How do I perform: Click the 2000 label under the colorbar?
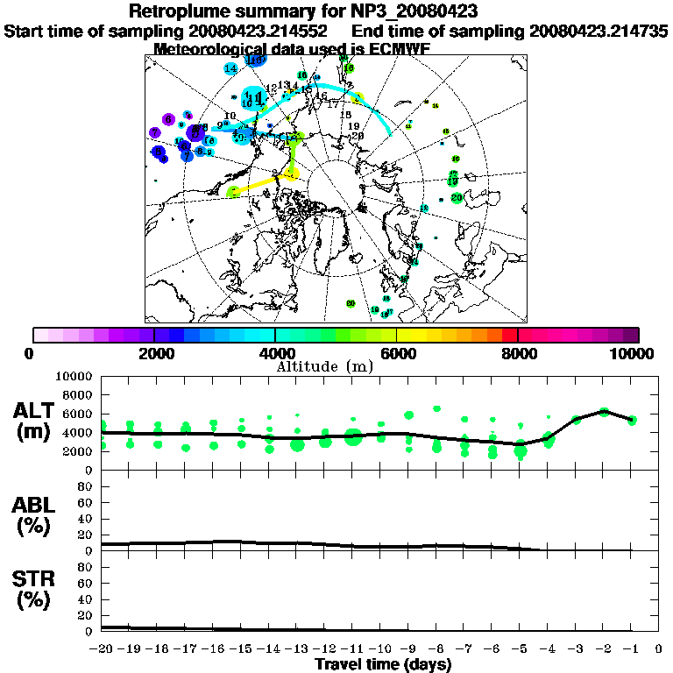[x=153, y=353]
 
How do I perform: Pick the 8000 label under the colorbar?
[x=517, y=353]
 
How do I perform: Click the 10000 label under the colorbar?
[x=634, y=353]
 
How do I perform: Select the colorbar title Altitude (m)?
[x=335, y=365]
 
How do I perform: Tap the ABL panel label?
[x=35, y=514]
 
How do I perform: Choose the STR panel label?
[x=35, y=589]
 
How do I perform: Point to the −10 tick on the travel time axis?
[x=379, y=648]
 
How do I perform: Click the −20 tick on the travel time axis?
[x=101, y=648]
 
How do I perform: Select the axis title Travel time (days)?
[x=383, y=664]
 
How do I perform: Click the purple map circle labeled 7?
[x=154, y=133]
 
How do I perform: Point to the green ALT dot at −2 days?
[x=604, y=411]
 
